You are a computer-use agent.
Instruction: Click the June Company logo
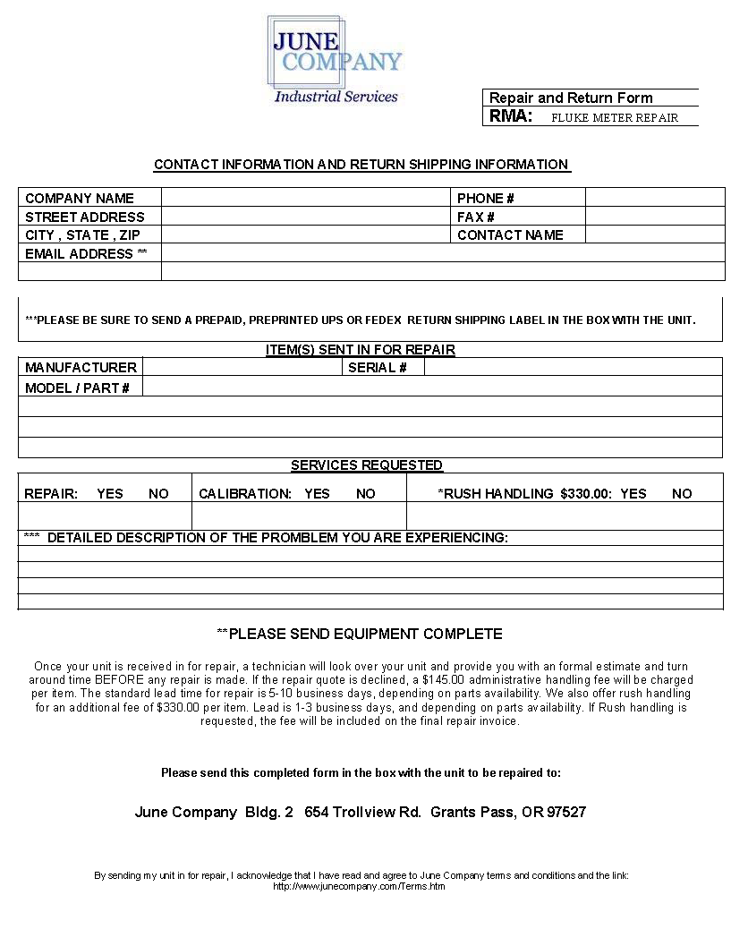pos(335,58)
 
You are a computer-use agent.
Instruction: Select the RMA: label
pos(511,116)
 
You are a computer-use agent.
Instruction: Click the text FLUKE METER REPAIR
pos(614,117)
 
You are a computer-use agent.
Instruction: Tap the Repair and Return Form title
pos(571,98)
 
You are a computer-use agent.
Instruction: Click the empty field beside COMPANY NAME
pos(305,198)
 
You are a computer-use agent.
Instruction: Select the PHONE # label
pos(485,199)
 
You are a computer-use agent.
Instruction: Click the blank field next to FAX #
pos(654,217)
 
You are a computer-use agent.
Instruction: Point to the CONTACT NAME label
pos(510,235)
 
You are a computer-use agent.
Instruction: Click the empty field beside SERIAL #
pos(573,367)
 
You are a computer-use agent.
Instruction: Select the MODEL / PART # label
pos(77,388)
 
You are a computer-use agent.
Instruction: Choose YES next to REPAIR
pos(110,494)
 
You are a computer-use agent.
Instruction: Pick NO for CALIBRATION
pos(366,494)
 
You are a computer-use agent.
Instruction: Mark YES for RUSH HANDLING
pos(633,494)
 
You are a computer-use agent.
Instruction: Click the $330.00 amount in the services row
pos(586,494)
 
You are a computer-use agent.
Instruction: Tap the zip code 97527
pos(566,813)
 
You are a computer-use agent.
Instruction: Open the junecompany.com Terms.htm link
pos(359,887)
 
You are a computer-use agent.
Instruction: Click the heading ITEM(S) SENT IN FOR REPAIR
pos(361,350)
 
